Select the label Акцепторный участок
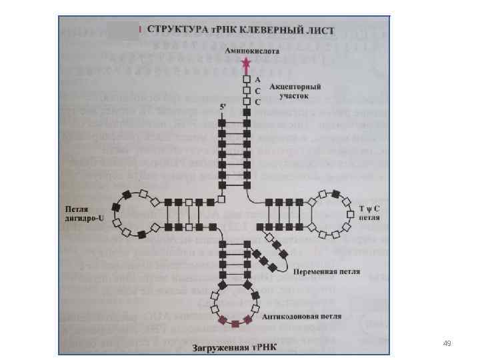coord(295,91)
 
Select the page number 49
coord(447,343)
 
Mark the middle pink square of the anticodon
coord(235,324)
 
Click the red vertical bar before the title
coord(140,30)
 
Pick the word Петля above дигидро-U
coord(77,208)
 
